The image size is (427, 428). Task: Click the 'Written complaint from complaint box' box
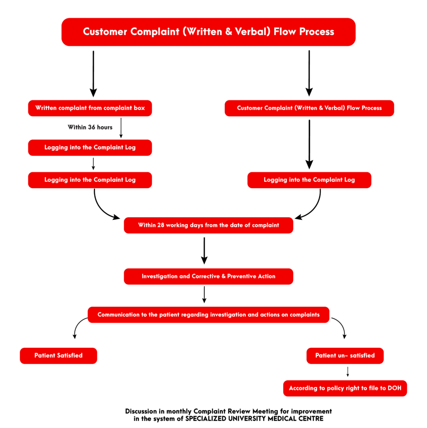pos(90,108)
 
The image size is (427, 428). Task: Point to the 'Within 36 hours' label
pos(90,127)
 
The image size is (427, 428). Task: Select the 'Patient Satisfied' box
pos(58,356)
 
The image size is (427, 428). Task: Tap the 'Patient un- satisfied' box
pos(345,356)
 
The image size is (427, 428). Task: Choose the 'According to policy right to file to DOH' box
pos(345,388)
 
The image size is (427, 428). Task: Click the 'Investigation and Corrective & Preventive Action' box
pos(208,276)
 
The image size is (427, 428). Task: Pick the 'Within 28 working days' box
pos(208,225)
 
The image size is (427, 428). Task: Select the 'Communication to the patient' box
pos(208,315)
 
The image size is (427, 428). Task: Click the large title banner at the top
pos(208,32)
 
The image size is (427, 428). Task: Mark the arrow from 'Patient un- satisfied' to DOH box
pos(348,372)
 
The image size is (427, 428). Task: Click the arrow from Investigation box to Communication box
pos(204,294)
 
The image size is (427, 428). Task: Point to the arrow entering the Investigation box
pos(204,251)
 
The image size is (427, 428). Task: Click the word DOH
pos(394,388)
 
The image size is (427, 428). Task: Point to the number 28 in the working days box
pos(161,225)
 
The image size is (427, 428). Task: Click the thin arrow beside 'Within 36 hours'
pos(121,127)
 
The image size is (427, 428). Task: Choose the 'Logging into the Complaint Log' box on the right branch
pos(309,180)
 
